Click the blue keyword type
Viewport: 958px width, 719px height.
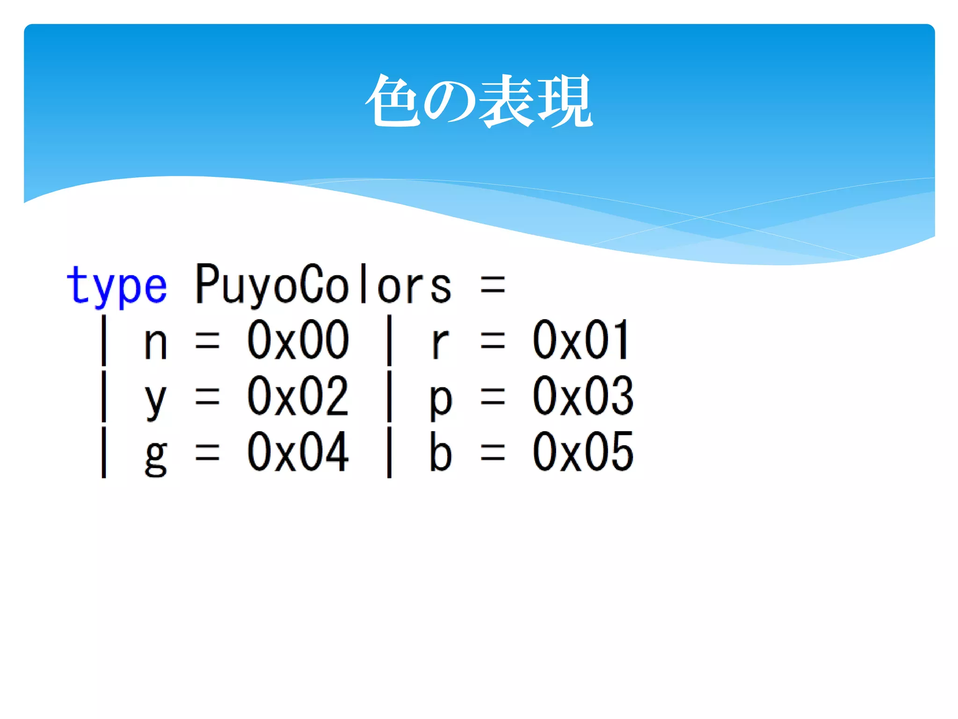(116, 285)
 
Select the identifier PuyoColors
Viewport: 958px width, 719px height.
(323, 284)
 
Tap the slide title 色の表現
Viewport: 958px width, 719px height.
(479, 101)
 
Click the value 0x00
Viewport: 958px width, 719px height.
(298, 340)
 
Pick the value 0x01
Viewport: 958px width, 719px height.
(581, 340)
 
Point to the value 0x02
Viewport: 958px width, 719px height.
(298, 396)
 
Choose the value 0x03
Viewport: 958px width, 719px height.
(583, 396)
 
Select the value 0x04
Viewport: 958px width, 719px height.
(298, 452)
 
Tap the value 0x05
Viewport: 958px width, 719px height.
(583, 452)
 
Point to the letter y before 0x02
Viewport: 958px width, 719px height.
(155, 401)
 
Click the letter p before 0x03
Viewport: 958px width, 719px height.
(441, 401)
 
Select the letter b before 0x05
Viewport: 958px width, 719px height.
(441, 452)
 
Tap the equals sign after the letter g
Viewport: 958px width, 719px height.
(207, 453)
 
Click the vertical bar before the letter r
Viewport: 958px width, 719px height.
(389, 340)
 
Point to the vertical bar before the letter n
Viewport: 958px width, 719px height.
(104, 340)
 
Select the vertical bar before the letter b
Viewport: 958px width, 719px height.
(389, 452)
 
